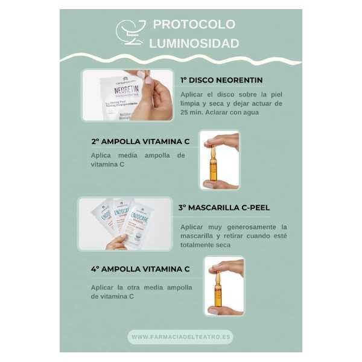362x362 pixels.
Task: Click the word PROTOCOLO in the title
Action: [194, 25]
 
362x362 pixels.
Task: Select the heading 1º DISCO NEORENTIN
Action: [221, 80]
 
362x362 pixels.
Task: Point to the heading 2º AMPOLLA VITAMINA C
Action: [140, 141]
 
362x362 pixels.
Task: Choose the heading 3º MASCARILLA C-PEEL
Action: [223, 207]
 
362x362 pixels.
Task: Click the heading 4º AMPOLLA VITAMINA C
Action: [140, 269]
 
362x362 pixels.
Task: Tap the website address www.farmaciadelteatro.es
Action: [180, 337]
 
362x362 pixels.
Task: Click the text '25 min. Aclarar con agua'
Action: [220, 113]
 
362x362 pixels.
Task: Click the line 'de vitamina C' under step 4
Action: [112, 296]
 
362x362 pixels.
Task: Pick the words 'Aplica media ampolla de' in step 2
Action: [138, 155]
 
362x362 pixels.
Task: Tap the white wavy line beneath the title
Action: [181, 59]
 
